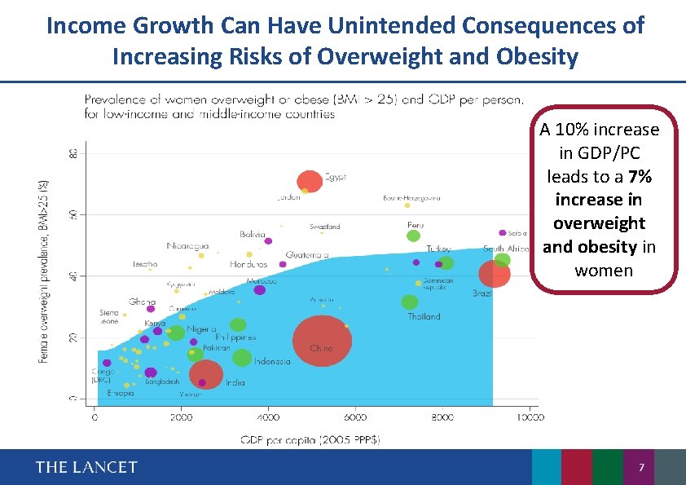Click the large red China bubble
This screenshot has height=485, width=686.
323,341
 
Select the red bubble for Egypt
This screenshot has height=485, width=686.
310,181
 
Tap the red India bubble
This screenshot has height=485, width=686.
206,374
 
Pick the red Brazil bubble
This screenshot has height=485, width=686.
494,274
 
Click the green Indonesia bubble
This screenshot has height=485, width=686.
242,357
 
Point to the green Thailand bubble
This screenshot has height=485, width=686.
410,302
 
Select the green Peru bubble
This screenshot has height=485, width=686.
413,236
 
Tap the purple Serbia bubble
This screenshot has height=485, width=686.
503,233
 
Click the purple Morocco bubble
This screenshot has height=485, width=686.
260,290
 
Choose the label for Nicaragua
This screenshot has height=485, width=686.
187,246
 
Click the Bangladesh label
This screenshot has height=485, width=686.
162,381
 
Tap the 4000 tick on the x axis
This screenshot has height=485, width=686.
268,417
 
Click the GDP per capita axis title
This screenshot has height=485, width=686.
310,439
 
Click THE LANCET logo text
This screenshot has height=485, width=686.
86,467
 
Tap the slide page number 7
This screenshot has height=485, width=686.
642,468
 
